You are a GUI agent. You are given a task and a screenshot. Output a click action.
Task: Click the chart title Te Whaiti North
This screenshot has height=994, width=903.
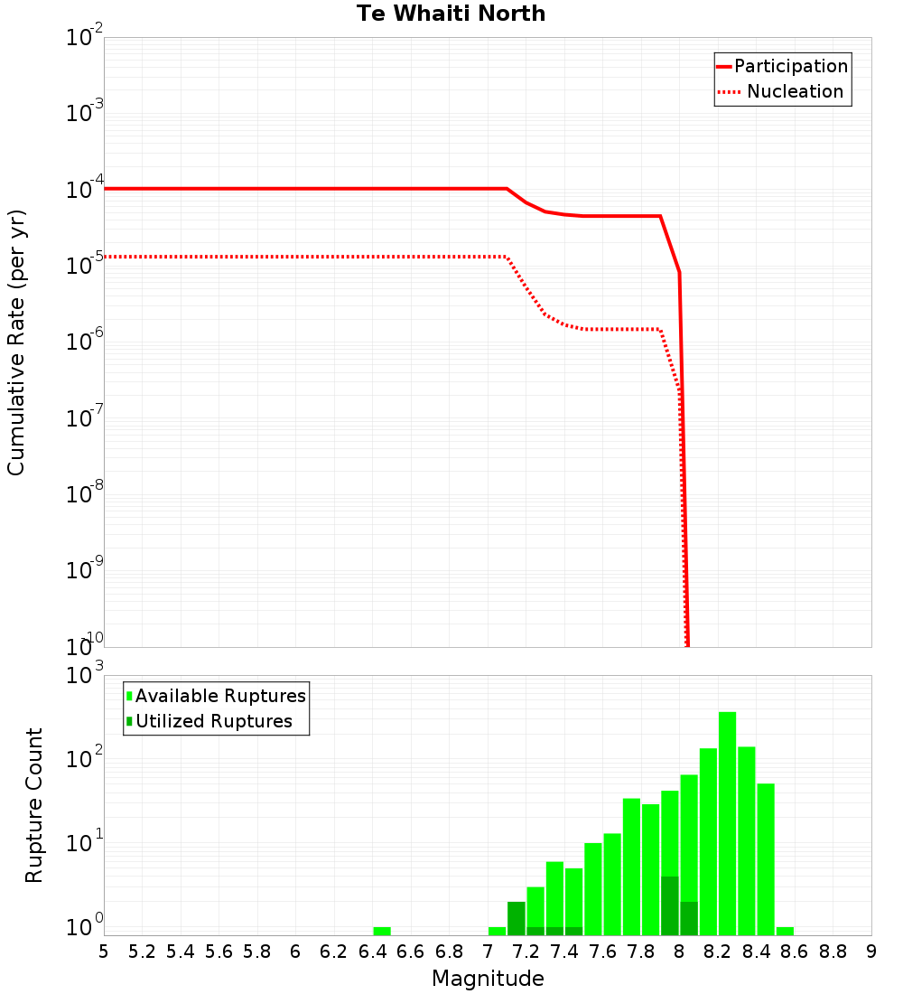(451, 14)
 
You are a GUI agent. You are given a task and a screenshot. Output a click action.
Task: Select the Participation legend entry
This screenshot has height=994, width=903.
(790, 66)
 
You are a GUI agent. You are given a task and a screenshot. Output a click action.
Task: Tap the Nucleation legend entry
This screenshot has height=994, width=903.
(794, 91)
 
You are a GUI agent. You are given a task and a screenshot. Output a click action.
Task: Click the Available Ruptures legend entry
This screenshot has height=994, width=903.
(219, 696)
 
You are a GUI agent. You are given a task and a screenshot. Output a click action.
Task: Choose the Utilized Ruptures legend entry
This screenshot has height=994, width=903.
(213, 721)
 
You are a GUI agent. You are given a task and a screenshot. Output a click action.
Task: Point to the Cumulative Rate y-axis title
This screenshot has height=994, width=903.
(16, 342)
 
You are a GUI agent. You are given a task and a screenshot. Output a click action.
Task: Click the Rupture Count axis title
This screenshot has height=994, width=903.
(33, 804)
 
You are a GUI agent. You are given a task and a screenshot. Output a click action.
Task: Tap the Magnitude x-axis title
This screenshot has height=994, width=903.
(488, 979)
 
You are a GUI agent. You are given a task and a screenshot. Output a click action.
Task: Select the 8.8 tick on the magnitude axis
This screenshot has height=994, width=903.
(833, 951)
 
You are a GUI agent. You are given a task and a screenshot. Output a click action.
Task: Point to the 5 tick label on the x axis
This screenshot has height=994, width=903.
(104, 951)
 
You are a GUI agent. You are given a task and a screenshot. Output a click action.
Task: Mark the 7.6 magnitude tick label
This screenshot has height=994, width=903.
(602, 951)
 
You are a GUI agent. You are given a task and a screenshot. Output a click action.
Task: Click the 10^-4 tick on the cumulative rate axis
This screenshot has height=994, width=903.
(87, 190)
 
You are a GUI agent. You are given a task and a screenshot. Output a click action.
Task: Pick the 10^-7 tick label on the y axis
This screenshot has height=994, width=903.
(87, 418)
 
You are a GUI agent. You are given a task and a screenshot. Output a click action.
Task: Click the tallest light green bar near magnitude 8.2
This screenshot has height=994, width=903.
(727, 822)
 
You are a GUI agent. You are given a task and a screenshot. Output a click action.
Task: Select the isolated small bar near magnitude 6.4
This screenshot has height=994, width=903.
(382, 931)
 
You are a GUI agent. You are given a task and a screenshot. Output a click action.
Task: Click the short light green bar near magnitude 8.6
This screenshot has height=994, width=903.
(785, 931)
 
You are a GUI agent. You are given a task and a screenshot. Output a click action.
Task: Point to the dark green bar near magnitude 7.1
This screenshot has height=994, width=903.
(517, 918)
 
